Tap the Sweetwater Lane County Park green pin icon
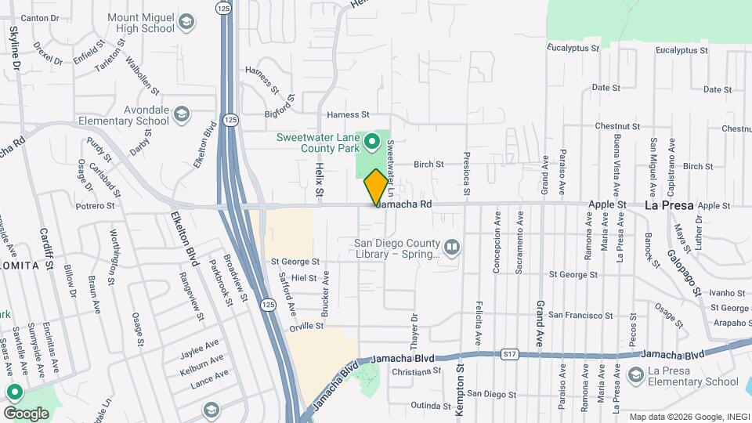point(372,143)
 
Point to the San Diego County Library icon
point(451,248)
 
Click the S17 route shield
point(510,355)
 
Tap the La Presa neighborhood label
point(669,205)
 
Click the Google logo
point(26,413)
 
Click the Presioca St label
point(467,173)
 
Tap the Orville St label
point(307,325)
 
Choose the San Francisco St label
point(577,314)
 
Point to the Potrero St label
point(96,206)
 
